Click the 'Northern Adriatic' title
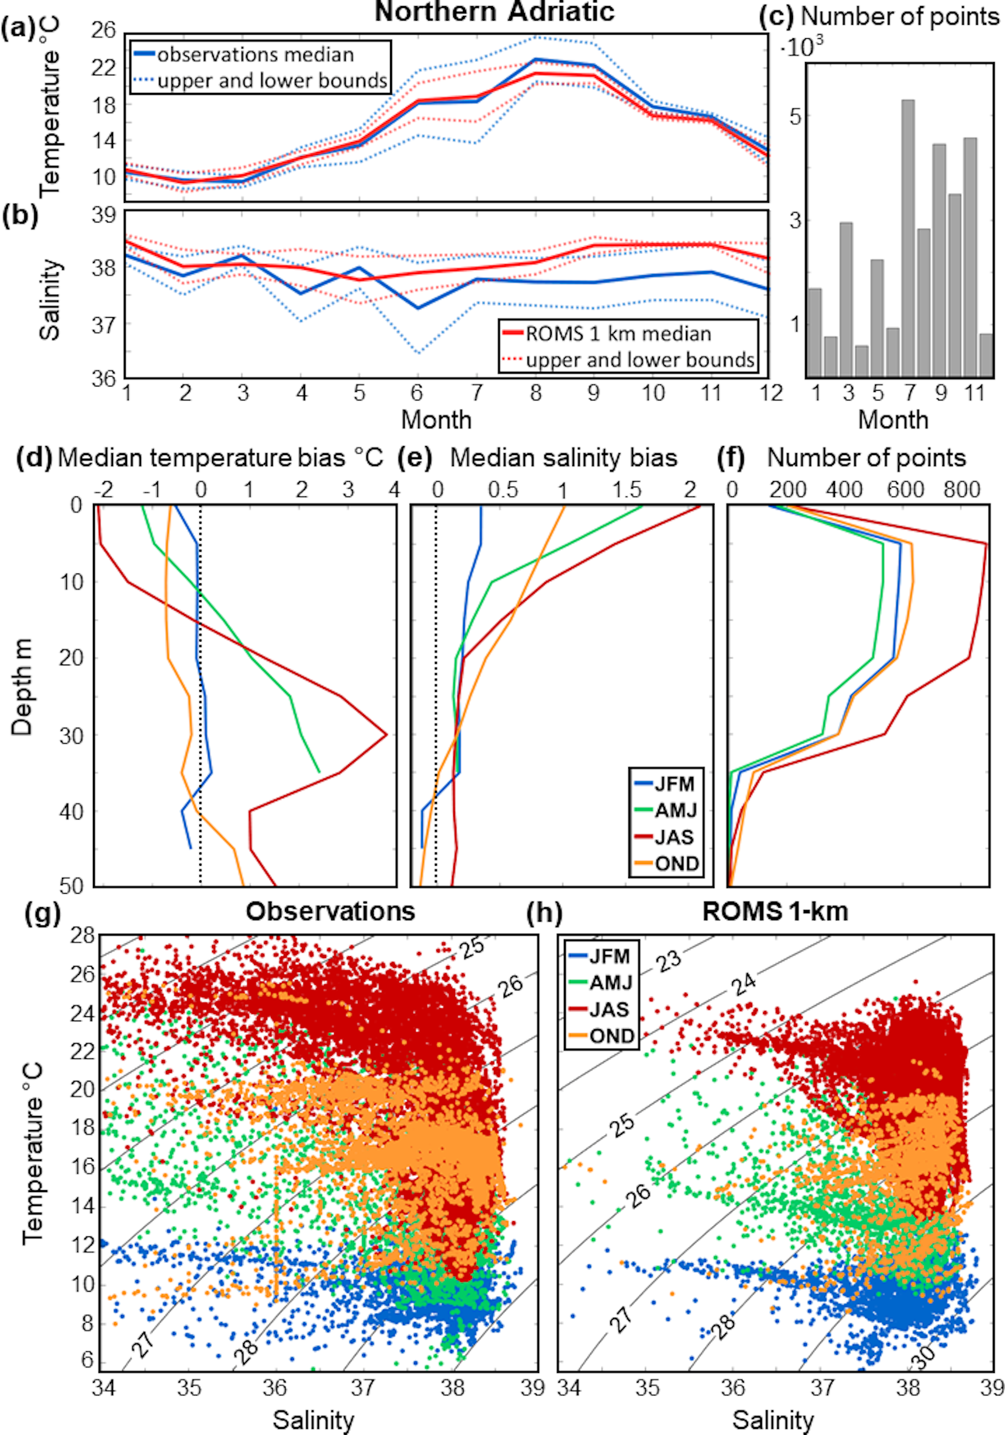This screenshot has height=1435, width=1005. [495, 12]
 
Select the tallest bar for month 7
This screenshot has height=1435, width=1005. [908, 238]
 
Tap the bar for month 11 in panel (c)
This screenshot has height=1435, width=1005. [969, 257]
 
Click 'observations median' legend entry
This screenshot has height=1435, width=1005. [255, 55]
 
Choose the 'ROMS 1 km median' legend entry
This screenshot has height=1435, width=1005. [617, 334]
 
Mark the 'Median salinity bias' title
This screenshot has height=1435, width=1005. [563, 458]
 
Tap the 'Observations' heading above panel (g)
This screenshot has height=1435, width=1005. [330, 912]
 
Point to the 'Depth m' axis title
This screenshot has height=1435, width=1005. [22, 688]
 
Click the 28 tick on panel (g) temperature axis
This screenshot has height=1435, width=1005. [83, 936]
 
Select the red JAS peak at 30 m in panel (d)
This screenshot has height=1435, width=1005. [386, 735]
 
